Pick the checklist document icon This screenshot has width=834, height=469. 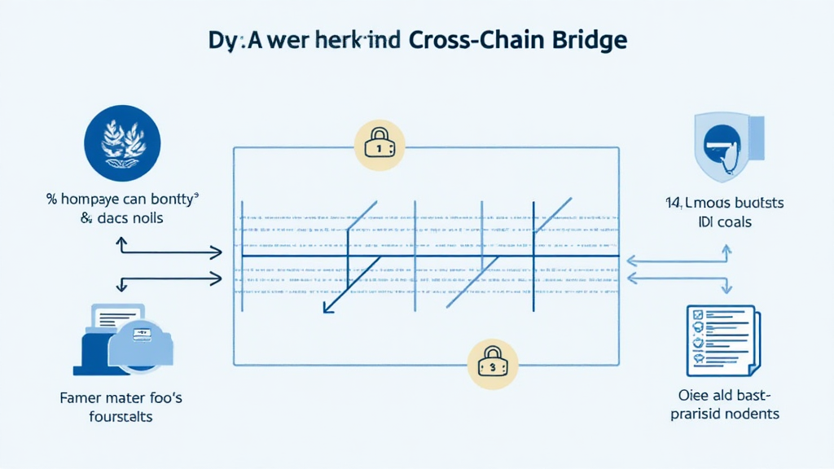click(x=722, y=341)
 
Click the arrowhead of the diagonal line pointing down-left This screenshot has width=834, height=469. click(x=327, y=309)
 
